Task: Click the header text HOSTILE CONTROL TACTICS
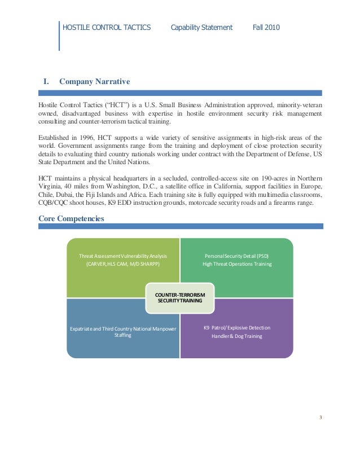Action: click(x=107, y=27)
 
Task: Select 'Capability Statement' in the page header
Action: click(x=201, y=27)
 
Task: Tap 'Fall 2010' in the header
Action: click(x=266, y=27)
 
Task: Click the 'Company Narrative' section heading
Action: click(x=95, y=82)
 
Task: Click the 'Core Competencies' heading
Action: click(x=71, y=218)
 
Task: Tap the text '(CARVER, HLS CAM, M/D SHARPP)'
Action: click(x=123, y=264)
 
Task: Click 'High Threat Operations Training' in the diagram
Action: click(x=237, y=264)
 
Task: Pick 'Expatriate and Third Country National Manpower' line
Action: click(x=123, y=328)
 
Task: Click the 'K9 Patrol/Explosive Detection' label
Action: click(x=237, y=328)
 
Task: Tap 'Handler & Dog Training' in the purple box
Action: click(x=237, y=336)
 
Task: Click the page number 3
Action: click(x=321, y=417)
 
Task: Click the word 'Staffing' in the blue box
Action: click(x=123, y=335)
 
